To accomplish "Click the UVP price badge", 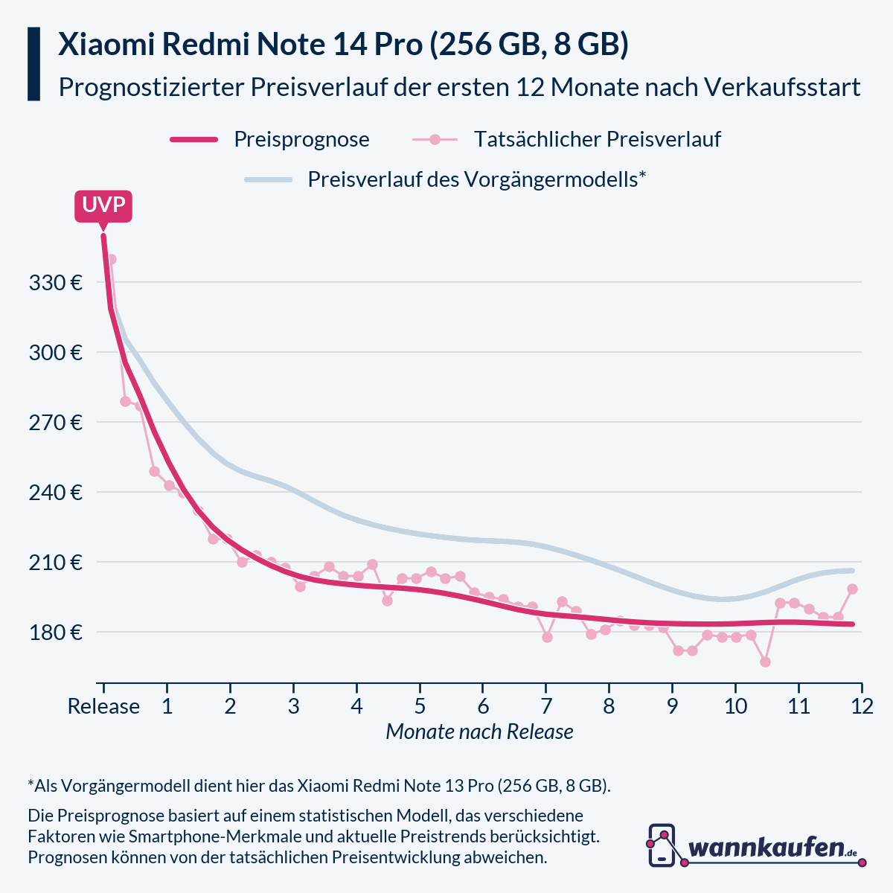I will tap(103, 205).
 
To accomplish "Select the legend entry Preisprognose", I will tap(301, 139).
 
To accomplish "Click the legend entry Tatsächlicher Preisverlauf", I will tap(597, 139).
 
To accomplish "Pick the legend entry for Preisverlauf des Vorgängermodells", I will tap(476, 179).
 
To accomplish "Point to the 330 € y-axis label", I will tap(55, 283).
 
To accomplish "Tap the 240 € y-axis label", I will tap(55, 493).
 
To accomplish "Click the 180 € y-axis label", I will tap(55, 633).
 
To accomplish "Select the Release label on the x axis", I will tap(103, 706).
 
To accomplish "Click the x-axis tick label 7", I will tap(546, 706).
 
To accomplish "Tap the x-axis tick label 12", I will tap(862, 706).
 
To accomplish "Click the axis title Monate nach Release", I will tap(479, 732).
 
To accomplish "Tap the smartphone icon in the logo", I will tap(662, 845).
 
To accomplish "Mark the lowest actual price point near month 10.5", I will tap(765, 662).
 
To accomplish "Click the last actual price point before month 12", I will tap(853, 589).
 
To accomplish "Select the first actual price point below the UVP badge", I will tap(112, 259).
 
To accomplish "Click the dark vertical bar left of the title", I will tap(33, 64).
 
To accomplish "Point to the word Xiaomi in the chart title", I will tap(104, 45).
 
